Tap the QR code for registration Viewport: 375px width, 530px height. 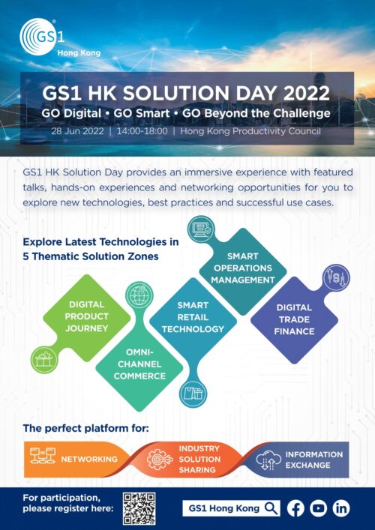click(x=139, y=508)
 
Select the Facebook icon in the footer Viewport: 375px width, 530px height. click(x=295, y=508)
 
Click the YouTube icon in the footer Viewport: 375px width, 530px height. click(x=318, y=508)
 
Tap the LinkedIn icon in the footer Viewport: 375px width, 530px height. click(x=340, y=508)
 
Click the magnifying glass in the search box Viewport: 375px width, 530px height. click(x=271, y=508)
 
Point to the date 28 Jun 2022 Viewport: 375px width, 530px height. click(x=77, y=131)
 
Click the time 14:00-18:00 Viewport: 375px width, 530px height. click(x=142, y=131)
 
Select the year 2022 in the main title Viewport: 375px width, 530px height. click(x=306, y=93)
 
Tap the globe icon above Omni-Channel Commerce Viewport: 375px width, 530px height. click(x=139, y=295)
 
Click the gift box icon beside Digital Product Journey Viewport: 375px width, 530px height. click(x=45, y=360)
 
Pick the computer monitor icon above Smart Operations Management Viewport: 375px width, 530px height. click(x=200, y=229)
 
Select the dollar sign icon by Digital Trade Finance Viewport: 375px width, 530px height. click(x=336, y=278)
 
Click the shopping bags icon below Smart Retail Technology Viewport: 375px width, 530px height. click(x=193, y=394)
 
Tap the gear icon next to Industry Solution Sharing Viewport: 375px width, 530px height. click(x=160, y=460)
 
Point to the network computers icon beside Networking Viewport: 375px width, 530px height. click(x=43, y=456)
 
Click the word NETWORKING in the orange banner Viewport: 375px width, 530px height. click(x=89, y=460)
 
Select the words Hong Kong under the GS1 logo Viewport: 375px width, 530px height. click(x=79, y=53)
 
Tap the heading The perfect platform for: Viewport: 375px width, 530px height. click(x=86, y=429)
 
